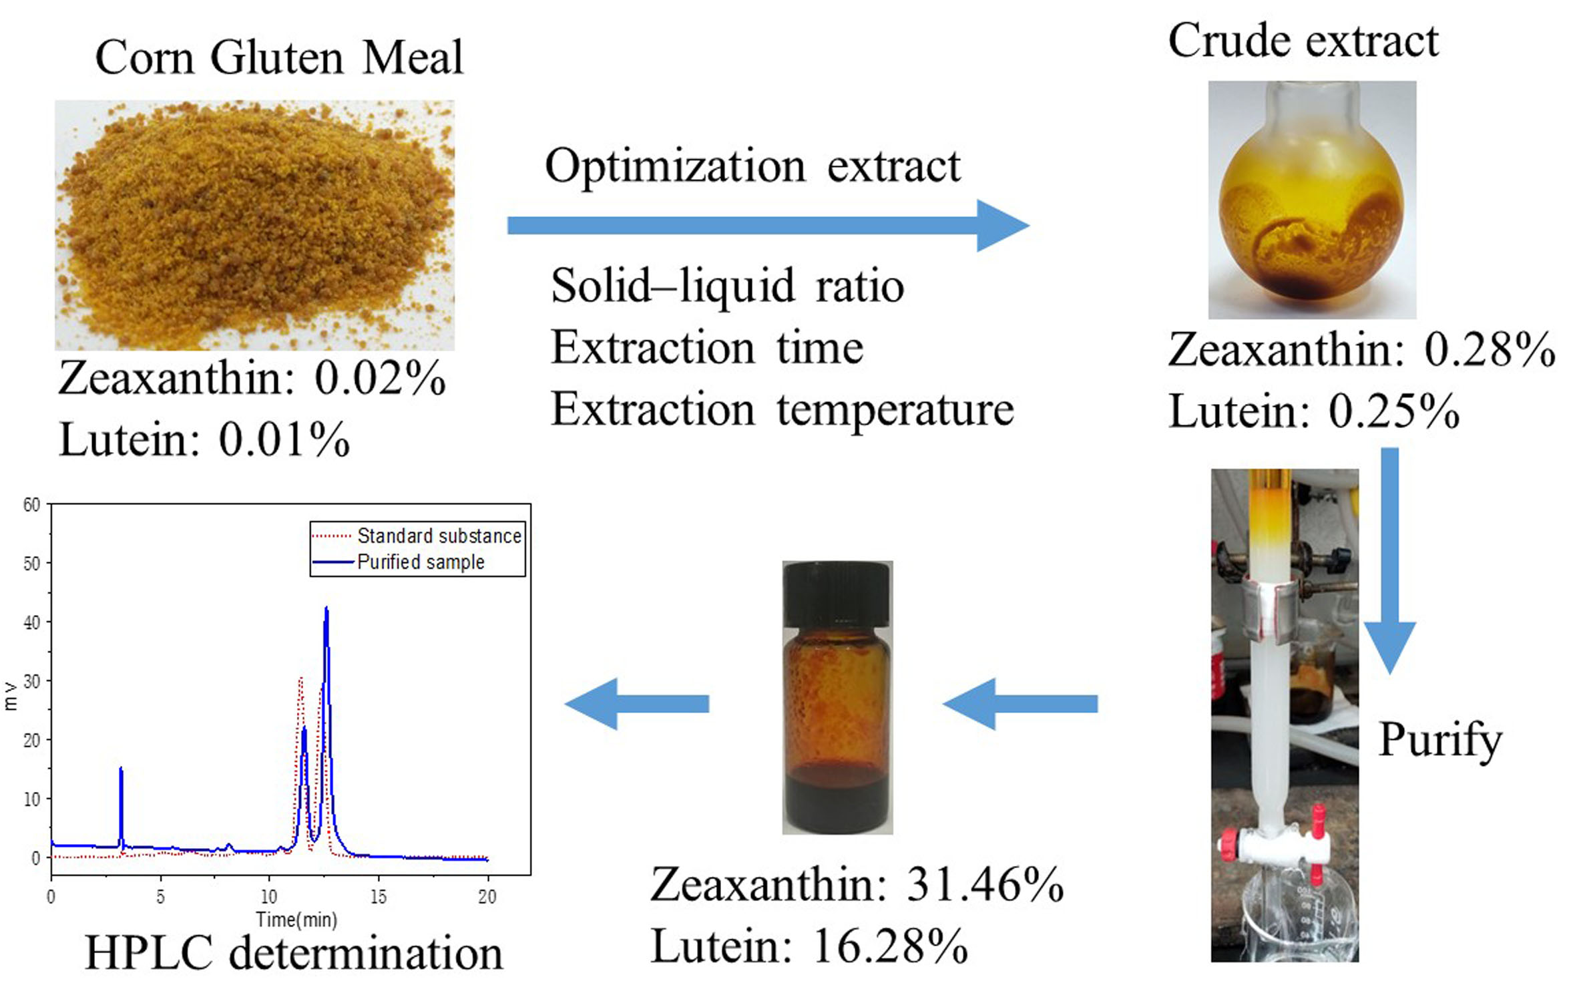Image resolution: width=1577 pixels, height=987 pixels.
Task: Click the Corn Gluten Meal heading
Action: pos(278,57)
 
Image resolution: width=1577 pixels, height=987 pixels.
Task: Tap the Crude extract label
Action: pos(1303,41)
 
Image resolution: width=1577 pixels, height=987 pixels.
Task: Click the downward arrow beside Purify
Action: pos(1389,561)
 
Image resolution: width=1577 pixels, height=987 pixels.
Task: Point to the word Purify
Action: pos(1440,740)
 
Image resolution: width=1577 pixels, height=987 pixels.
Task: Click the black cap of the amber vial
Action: pos(837,592)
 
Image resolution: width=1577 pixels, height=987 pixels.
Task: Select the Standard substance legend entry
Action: pos(439,536)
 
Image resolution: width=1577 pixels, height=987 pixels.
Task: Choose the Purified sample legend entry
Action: pos(421,562)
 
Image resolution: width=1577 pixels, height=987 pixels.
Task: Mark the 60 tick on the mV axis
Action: pos(31,505)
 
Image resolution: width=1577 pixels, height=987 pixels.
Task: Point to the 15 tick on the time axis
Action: pos(378,896)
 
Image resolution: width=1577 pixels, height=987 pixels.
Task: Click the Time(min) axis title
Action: pos(296,920)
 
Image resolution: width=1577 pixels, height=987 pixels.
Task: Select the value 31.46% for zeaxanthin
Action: pos(984,885)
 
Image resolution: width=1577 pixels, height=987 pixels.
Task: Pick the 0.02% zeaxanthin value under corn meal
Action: pos(379,379)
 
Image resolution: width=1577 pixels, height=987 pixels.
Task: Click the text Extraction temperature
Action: pos(782,409)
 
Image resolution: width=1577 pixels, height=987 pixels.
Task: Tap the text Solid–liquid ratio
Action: pos(727,286)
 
